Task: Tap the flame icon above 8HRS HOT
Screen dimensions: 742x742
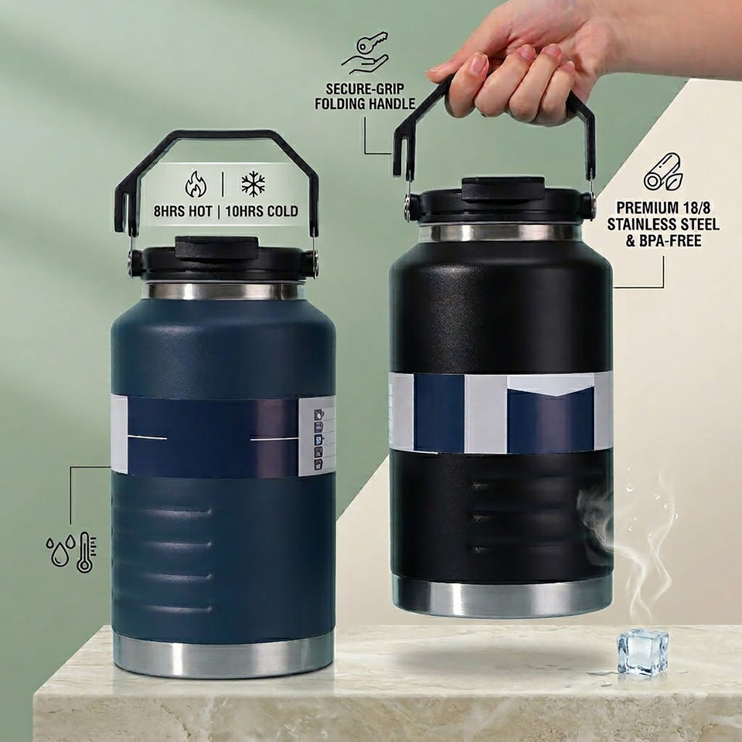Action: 196,184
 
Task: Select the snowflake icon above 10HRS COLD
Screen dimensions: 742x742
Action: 254,184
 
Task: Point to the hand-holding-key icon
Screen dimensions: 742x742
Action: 365,53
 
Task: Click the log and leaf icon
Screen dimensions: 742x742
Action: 663,172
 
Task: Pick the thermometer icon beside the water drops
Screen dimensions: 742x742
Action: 86,552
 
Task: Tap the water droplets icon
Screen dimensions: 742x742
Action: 60,550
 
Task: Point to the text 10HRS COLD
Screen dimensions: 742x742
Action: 262,211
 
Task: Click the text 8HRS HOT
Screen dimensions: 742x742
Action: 182,211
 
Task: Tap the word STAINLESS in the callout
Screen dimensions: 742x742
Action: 642,224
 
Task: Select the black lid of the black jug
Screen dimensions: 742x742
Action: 500,202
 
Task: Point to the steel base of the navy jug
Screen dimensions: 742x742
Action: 224,656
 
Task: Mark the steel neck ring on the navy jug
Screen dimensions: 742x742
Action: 223,291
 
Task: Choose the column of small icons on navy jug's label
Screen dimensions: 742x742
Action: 319,438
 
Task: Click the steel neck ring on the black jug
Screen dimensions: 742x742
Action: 500,233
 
